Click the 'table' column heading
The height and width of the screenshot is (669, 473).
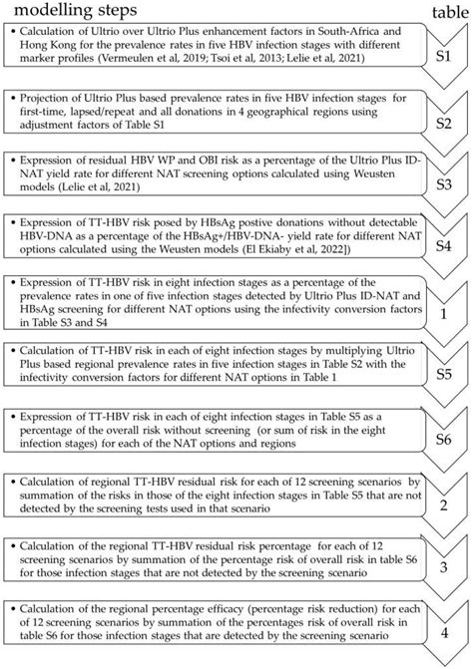click(x=444, y=11)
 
